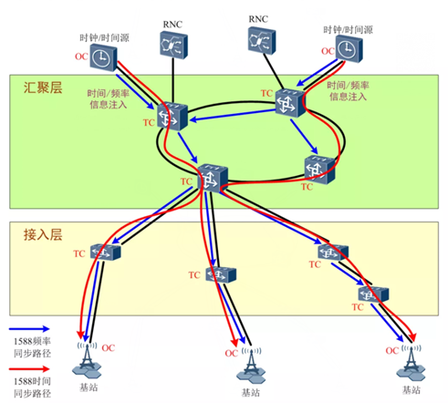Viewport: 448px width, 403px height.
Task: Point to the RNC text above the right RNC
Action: point(260,17)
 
